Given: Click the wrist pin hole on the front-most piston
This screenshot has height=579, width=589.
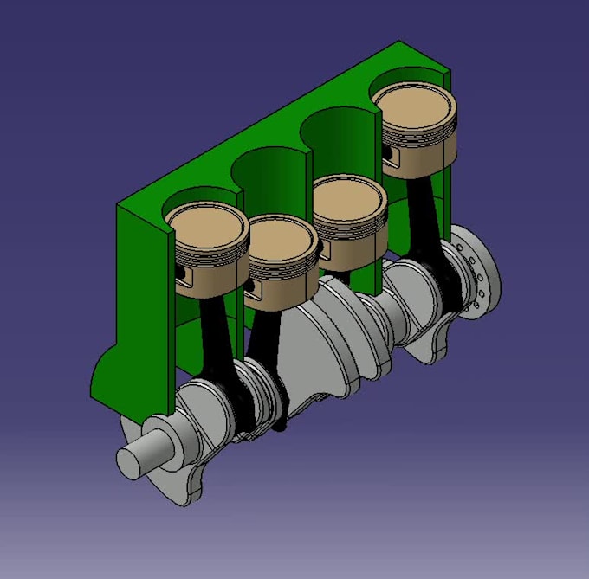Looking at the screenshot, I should pos(183,276).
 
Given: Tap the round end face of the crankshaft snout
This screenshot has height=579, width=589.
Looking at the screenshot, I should pos(132,462).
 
